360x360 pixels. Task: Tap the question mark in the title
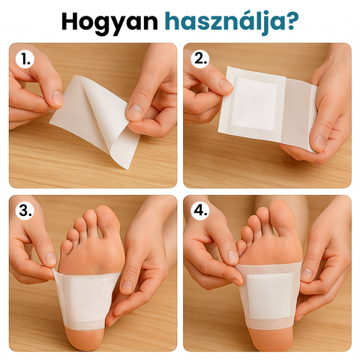[292, 20]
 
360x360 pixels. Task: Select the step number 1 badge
[25, 59]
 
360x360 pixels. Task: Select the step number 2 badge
[200, 59]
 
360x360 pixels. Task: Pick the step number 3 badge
[25, 211]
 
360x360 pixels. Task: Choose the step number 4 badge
[200, 211]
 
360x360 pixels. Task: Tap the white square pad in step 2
[253, 103]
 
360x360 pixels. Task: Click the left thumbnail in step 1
[58, 97]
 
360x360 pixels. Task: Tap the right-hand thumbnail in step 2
[319, 142]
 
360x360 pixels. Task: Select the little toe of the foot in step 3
[66, 246]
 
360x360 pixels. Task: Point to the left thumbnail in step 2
[225, 85]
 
